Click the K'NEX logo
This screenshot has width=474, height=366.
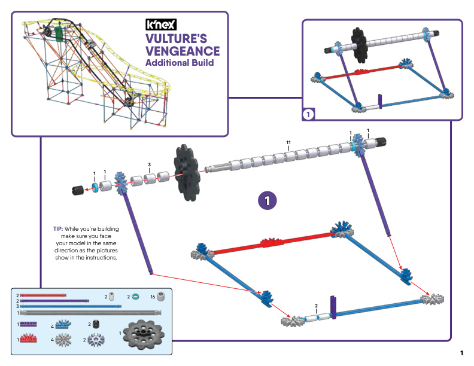161,25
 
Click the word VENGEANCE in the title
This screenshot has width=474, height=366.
183,51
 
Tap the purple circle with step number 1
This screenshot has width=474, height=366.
268,200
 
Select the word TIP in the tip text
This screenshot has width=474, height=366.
57,229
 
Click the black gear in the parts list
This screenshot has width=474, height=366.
144,334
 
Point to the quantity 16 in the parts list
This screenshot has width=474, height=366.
153,297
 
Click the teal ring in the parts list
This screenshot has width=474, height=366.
135,297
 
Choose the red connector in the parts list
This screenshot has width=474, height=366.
28,338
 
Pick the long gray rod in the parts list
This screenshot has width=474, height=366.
90,313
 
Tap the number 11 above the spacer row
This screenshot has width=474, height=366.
288,142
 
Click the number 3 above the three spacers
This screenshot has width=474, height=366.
150,164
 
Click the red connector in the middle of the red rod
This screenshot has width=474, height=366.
272,242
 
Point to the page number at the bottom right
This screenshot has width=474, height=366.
461,353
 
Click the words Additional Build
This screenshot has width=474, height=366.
180,63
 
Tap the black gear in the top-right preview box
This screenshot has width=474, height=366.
359,45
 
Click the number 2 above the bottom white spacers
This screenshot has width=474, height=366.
316,306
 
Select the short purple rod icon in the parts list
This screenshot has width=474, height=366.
28,324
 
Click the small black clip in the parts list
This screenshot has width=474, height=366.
96,324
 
